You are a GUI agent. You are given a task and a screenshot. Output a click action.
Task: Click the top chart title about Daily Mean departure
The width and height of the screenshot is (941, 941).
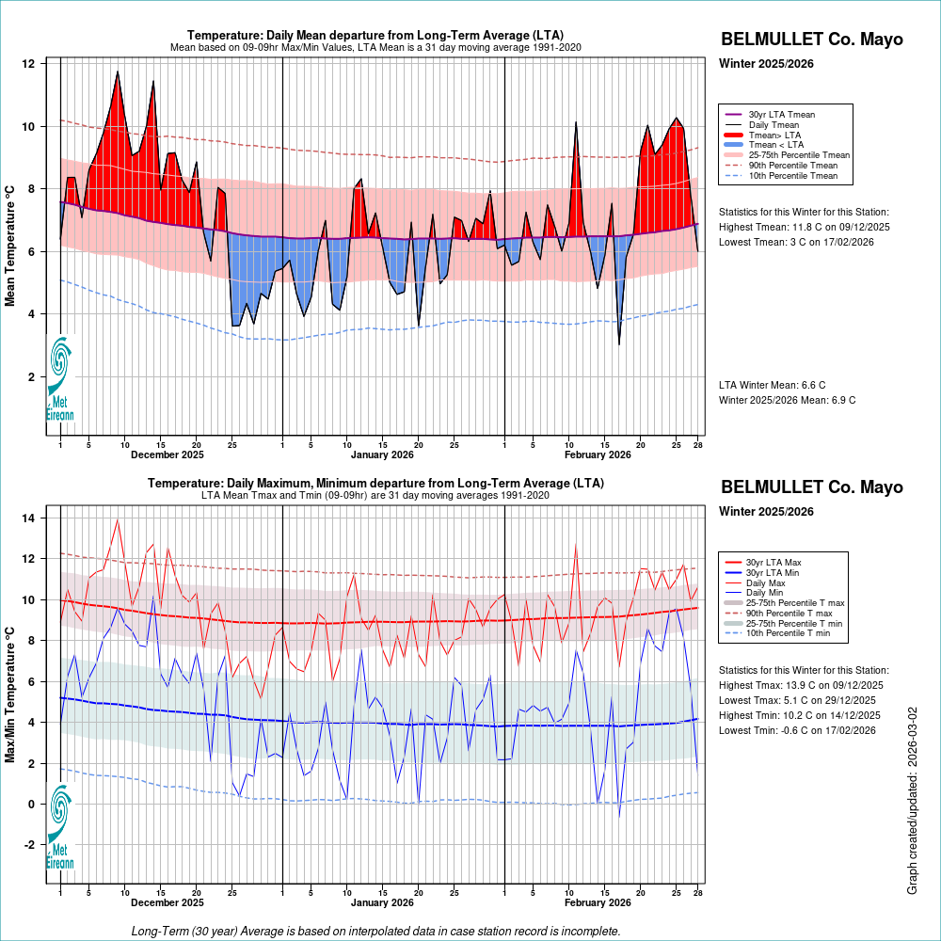click(x=375, y=36)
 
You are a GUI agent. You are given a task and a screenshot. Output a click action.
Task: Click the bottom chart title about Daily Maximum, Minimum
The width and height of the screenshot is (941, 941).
click(x=375, y=484)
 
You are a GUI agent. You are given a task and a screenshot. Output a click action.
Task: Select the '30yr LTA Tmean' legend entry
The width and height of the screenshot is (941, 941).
click(x=781, y=115)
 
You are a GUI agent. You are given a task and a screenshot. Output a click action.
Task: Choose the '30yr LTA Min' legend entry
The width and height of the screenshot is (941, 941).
click(x=773, y=573)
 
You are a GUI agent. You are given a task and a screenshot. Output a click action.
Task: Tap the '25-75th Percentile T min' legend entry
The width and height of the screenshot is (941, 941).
click(x=796, y=623)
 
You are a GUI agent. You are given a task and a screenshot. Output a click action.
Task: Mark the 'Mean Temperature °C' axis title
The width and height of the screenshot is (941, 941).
click(x=11, y=245)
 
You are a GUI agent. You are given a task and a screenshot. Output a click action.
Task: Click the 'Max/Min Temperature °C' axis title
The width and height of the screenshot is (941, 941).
click(x=11, y=691)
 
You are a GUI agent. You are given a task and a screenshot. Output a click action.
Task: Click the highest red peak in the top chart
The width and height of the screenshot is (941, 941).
click(x=118, y=72)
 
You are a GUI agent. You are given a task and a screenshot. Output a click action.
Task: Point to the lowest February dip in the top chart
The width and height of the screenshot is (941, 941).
click(x=619, y=343)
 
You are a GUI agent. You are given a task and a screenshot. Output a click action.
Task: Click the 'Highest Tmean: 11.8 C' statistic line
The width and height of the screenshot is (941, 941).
click(x=804, y=227)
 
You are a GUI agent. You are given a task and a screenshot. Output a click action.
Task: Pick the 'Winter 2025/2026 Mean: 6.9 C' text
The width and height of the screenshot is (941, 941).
click(x=787, y=400)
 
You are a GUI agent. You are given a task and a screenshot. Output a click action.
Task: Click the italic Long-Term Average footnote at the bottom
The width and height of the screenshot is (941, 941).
click(x=375, y=931)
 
